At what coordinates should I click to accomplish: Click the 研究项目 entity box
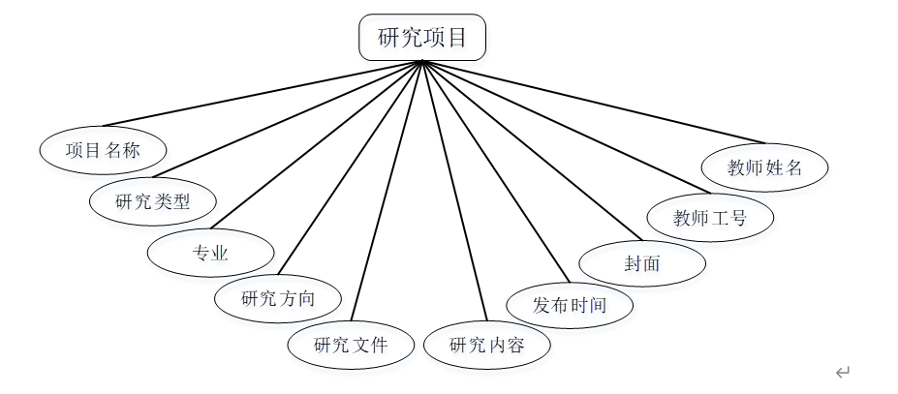point(422,38)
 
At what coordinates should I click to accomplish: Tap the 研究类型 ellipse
point(153,201)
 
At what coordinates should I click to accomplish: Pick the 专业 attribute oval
point(210,254)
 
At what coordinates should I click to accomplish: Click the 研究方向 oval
point(278,298)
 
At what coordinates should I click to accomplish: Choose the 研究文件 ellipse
point(351,344)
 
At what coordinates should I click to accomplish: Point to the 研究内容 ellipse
point(487,345)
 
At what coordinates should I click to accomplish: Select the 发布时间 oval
point(570,306)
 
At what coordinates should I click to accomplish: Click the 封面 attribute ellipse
point(642,262)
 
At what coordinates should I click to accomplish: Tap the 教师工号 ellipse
point(710,218)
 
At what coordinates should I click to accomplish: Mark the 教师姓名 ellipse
point(765,167)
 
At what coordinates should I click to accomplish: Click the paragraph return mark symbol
point(843,372)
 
